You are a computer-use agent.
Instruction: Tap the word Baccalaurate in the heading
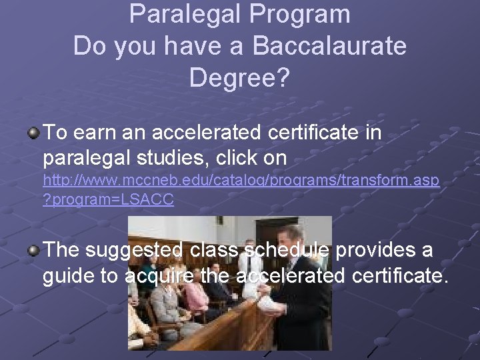329,46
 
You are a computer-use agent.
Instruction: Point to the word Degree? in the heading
240,78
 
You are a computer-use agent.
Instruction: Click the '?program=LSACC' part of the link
108,200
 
